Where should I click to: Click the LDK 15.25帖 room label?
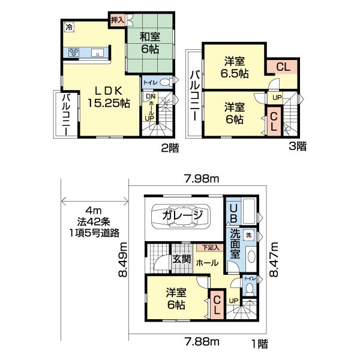point(110,96)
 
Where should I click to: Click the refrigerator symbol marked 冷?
point(69,26)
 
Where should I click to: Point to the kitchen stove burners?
point(74,52)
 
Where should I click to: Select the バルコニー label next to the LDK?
point(65,114)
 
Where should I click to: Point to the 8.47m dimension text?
point(275,260)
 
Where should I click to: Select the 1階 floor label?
point(259,343)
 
